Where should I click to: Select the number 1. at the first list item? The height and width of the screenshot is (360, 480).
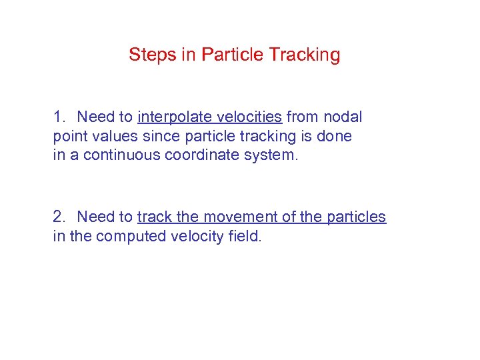point(61,117)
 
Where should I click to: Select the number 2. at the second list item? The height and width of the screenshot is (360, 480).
point(61,217)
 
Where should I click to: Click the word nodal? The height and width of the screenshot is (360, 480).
point(343,117)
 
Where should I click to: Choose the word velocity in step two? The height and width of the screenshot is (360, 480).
point(193,236)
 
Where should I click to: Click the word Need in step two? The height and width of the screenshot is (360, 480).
point(95,217)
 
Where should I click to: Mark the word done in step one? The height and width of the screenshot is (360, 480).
point(335,137)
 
